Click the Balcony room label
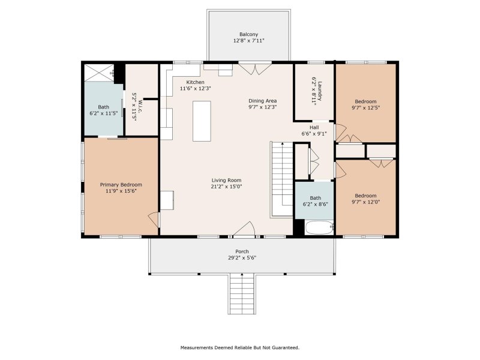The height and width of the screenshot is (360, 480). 248,34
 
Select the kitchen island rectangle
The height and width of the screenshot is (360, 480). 202,121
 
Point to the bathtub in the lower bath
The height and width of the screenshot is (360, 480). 319,228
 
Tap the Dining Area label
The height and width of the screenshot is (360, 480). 262,101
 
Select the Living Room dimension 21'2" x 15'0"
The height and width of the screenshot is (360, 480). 226,186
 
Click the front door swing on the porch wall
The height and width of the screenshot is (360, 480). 245,230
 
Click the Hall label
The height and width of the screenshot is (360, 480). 314,128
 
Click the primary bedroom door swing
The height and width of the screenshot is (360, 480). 154,220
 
